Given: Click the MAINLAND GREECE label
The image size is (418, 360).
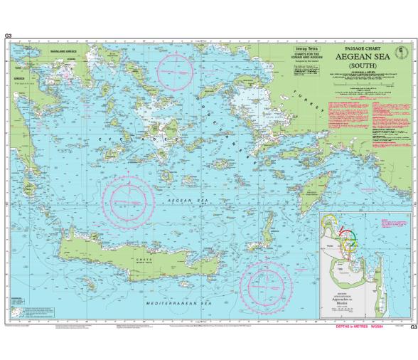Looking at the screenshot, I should coord(63,53).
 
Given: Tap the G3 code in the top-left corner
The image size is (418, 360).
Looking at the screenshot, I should coord(8,35).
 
